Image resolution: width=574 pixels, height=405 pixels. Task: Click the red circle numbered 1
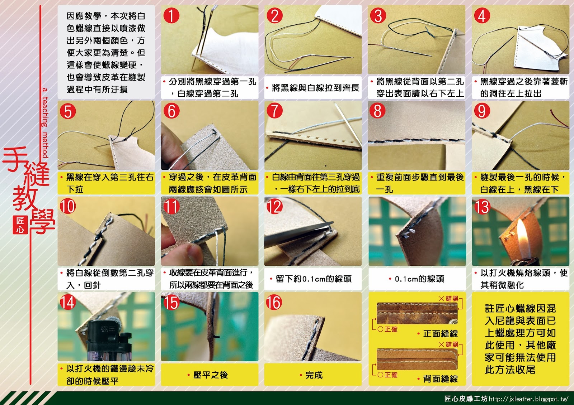pyautogui.click(x=171, y=15)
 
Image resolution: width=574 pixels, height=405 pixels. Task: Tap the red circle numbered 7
pyautogui.click(x=275, y=111)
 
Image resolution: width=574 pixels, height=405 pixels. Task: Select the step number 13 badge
pyautogui.click(x=482, y=207)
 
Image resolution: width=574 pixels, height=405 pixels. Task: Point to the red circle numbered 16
pyautogui.click(x=274, y=302)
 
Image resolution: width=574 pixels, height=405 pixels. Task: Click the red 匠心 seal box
pyautogui.click(x=20, y=225)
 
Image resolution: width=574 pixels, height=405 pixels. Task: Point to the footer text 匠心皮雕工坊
pyautogui.click(x=466, y=399)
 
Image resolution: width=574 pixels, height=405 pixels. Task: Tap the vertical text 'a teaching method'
pyautogui.click(x=45, y=123)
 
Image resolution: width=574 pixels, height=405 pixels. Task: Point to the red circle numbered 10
pyautogui.click(x=68, y=207)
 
